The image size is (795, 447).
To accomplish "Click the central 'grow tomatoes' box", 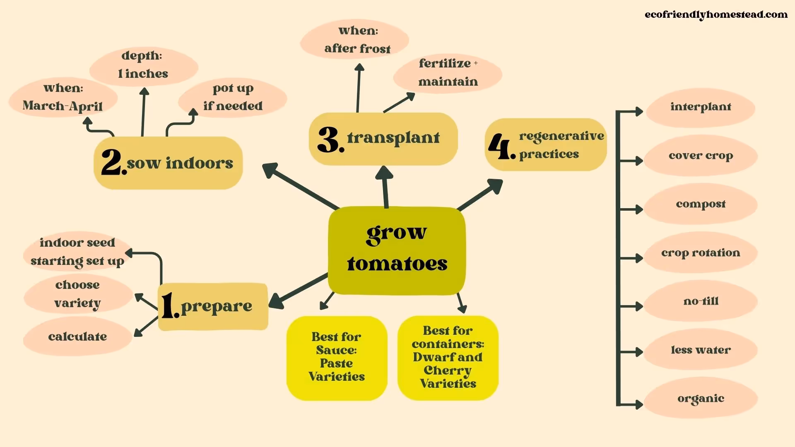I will click(397, 250).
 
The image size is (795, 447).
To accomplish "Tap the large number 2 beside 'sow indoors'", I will click(112, 162).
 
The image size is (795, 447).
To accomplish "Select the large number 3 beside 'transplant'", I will click(330, 139).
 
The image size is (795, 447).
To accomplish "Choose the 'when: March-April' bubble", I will click(63, 97).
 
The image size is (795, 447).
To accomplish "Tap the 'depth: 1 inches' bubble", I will click(143, 65).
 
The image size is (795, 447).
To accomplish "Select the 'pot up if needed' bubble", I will click(233, 97).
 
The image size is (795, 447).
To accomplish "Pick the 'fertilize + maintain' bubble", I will click(448, 73).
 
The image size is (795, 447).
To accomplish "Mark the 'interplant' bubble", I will click(701, 107).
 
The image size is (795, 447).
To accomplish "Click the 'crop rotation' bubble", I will click(701, 253).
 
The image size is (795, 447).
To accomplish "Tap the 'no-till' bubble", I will click(701, 301).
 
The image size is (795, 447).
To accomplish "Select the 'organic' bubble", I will click(701, 399).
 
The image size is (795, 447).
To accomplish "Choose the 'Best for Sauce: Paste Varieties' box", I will click(337, 358).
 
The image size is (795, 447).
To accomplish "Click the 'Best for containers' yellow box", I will click(448, 358).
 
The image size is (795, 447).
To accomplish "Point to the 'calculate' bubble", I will click(77, 336).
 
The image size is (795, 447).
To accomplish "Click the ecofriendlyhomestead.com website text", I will click(716, 15).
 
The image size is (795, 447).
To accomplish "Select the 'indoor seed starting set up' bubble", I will click(77, 252).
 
